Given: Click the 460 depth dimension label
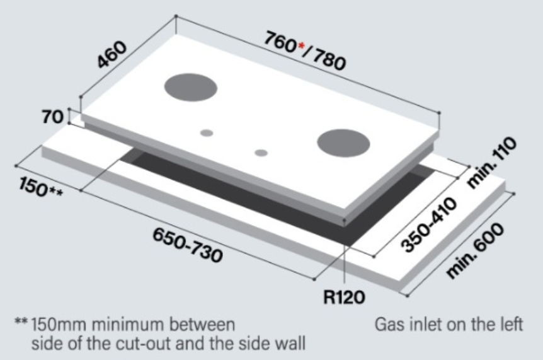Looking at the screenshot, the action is pyautogui.click(x=112, y=55).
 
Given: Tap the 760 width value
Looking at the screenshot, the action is pyautogui.click(x=280, y=43).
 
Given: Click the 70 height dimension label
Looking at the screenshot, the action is pyautogui.click(x=53, y=117).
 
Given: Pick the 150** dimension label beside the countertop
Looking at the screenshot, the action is pyautogui.click(x=41, y=187).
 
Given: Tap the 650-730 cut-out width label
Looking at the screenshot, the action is pyautogui.click(x=187, y=245).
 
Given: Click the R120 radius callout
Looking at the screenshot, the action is pyautogui.click(x=344, y=297).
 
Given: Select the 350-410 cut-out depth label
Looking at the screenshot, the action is pyautogui.click(x=429, y=224).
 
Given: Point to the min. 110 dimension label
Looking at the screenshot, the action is pyautogui.click(x=491, y=163).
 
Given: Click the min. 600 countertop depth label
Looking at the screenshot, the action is pyautogui.click(x=474, y=250).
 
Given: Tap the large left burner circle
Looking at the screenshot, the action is pyautogui.click(x=191, y=87).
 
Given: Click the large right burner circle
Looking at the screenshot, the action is pyautogui.click(x=343, y=143).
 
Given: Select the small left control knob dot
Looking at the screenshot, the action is pyautogui.click(x=207, y=133).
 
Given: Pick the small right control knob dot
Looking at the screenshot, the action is pyautogui.click(x=261, y=153).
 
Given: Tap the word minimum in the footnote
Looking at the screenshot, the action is pyautogui.click(x=127, y=325).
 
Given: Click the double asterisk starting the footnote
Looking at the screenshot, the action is pyautogui.click(x=21, y=321).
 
